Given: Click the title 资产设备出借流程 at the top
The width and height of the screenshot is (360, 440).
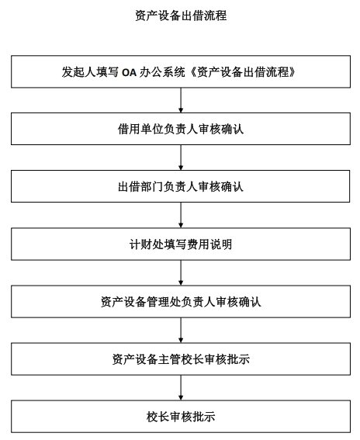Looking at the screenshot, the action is (x=181, y=16).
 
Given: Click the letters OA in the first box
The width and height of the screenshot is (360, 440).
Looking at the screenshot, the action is (x=129, y=73).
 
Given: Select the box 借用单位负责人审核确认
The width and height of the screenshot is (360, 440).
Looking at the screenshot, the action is (x=181, y=129).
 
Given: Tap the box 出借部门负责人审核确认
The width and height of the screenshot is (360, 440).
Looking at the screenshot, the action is (x=181, y=186).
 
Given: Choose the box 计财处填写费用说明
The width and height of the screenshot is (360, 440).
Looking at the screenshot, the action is (x=181, y=244).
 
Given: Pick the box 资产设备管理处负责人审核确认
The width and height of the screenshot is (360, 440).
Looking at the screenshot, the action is (x=181, y=301).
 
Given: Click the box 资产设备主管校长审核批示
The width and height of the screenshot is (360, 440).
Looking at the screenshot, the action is (x=181, y=359).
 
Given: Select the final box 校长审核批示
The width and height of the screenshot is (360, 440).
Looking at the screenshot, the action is (x=181, y=417).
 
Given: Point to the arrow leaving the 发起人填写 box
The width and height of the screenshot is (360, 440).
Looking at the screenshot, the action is (x=181, y=100).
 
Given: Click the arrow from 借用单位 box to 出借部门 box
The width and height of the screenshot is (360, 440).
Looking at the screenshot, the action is (x=181, y=158).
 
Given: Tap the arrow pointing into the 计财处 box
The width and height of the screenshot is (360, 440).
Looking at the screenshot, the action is (x=181, y=215).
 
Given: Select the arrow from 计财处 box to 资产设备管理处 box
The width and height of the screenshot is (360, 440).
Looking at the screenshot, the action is (x=181, y=272).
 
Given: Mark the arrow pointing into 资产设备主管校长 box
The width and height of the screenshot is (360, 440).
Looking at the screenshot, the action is (x=181, y=330).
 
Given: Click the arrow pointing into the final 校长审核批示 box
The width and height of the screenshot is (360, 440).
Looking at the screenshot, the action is (x=181, y=387).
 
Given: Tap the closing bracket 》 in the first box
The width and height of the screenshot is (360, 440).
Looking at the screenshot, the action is (x=292, y=72).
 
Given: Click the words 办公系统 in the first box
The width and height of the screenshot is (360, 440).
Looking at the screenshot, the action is (x=162, y=72).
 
